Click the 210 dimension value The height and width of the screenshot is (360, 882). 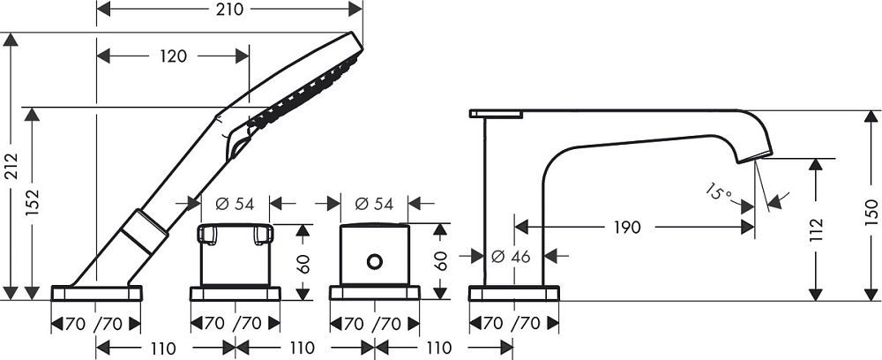coord(230,9)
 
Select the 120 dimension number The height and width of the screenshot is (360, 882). coord(173,56)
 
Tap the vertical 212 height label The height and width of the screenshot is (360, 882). coord(11,167)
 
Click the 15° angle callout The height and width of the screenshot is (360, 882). coord(719,192)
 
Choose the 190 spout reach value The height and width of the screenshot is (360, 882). coord(627,228)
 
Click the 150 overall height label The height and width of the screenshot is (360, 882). coord(871,212)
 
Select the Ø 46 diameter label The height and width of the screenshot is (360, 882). coord(511,257)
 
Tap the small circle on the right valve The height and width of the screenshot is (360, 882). coord(374,261)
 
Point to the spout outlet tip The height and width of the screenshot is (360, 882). coord(756,157)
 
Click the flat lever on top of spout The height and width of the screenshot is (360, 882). coord(496,114)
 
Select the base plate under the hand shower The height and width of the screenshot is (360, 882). coord(97,293)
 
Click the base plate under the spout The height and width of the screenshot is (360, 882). coord(513,293)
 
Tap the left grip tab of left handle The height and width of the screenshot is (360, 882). coord(207,235)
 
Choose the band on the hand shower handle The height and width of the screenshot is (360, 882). coord(145,231)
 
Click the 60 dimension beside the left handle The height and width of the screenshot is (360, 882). coord(303,262)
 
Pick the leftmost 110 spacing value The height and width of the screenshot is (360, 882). coord(163,348)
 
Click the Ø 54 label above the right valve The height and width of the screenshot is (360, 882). coord(374,204)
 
